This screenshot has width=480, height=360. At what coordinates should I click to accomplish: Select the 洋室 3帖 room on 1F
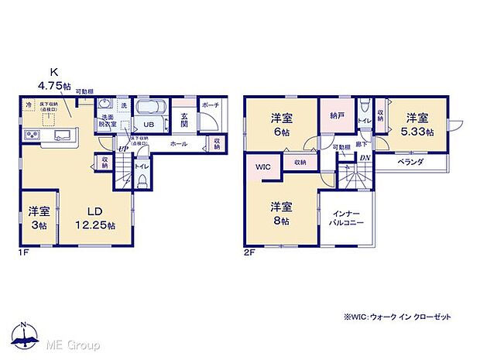coord(38,218)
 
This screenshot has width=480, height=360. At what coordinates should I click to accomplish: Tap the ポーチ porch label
coord(209,104)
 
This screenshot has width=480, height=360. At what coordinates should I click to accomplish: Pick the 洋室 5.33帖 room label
coord(417,125)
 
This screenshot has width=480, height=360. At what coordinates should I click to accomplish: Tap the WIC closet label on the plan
coord(260,167)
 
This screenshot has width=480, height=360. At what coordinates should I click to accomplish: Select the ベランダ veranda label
coord(409,163)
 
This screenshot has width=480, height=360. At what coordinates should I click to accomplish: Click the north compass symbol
coord(25,334)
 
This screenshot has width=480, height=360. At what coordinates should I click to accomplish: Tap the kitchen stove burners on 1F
coord(34,135)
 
